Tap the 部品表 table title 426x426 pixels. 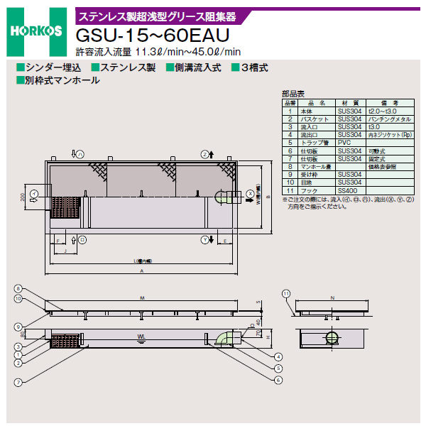point(293,93)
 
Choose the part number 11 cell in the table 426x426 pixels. point(290,190)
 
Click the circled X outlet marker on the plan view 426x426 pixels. point(250,193)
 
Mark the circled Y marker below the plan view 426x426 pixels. point(204,240)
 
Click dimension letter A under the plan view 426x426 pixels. point(143,271)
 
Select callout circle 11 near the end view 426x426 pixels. point(285,293)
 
